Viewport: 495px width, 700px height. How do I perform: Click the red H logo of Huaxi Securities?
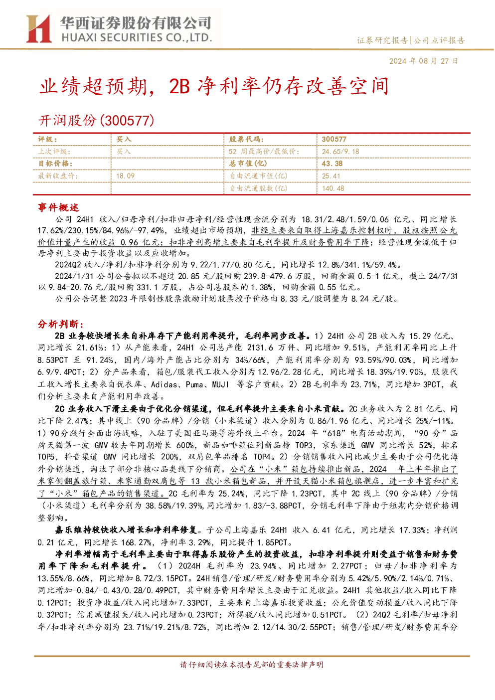pos(39,29)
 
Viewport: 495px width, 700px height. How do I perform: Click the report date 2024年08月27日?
pos(423,61)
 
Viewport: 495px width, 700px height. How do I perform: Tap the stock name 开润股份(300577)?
pos(96,120)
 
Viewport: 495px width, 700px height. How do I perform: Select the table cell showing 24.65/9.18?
pos(340,152)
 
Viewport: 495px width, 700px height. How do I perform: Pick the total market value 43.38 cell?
pos(332,164)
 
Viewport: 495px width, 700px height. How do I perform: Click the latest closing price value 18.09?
pos(125,176)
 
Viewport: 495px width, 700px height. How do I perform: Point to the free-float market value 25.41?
pos(331,176)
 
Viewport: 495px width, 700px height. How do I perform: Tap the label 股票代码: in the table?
pos(246,139)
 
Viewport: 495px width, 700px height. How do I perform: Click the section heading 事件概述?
pos(58,207)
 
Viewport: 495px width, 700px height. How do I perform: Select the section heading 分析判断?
pos(61,324)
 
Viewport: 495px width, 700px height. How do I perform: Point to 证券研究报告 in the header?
pos(382,40)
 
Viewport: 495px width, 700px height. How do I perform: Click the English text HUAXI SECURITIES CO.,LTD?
pos(137,37)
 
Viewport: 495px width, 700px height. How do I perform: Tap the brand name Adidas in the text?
pos(164,384)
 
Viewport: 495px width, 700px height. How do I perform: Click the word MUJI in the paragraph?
pos(221,384)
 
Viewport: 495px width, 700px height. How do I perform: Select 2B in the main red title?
pos(179,87)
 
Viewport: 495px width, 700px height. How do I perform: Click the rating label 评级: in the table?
pos(47,139)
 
